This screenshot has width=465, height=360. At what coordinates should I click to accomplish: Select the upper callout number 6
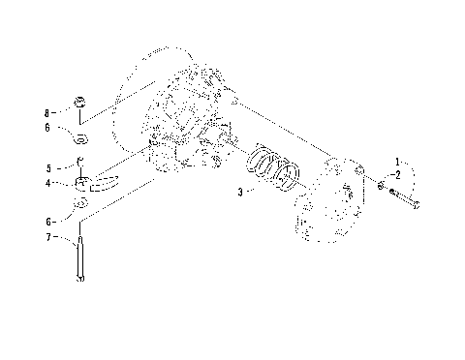coord(48,126)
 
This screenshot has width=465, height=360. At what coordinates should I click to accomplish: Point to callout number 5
coord(48,166)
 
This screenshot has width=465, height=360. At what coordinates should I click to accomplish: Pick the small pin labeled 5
coord(80,161)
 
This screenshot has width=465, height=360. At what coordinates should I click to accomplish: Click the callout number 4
coord(48,182)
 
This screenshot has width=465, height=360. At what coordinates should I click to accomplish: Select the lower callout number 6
coord(48,222)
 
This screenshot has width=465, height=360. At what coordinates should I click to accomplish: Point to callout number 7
coord(48,237)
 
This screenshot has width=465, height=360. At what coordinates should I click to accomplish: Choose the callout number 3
coord(239,193)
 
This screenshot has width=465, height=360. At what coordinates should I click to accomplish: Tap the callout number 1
coord(396,159)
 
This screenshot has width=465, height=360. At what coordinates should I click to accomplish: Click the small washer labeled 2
coord(382,185)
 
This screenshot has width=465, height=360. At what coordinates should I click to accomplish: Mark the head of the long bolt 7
coord(79,280)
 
